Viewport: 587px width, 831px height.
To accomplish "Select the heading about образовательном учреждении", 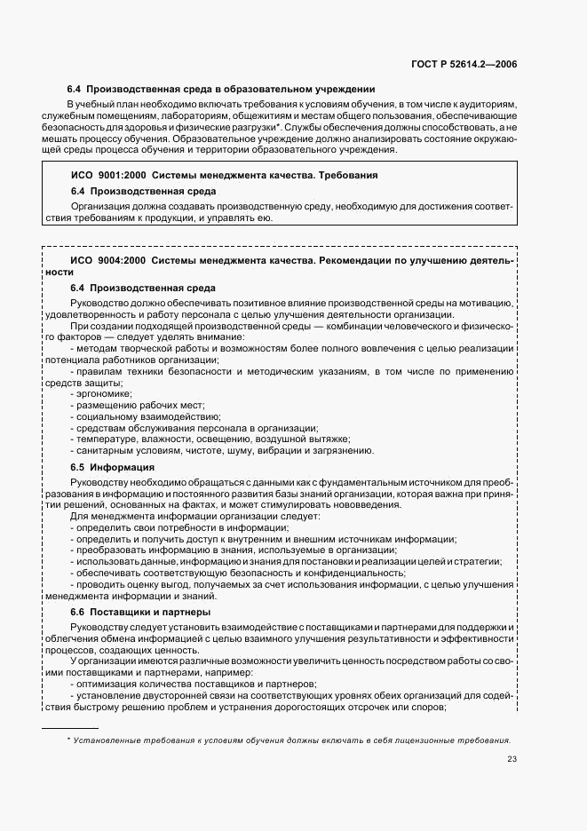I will (x=222, y=90).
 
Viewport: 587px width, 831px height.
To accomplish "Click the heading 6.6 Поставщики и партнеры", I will (x=139, y=612).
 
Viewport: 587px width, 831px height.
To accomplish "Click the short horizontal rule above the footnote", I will (x=70, y=726).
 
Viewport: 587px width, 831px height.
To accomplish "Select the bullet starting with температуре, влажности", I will (x=210, y=439).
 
